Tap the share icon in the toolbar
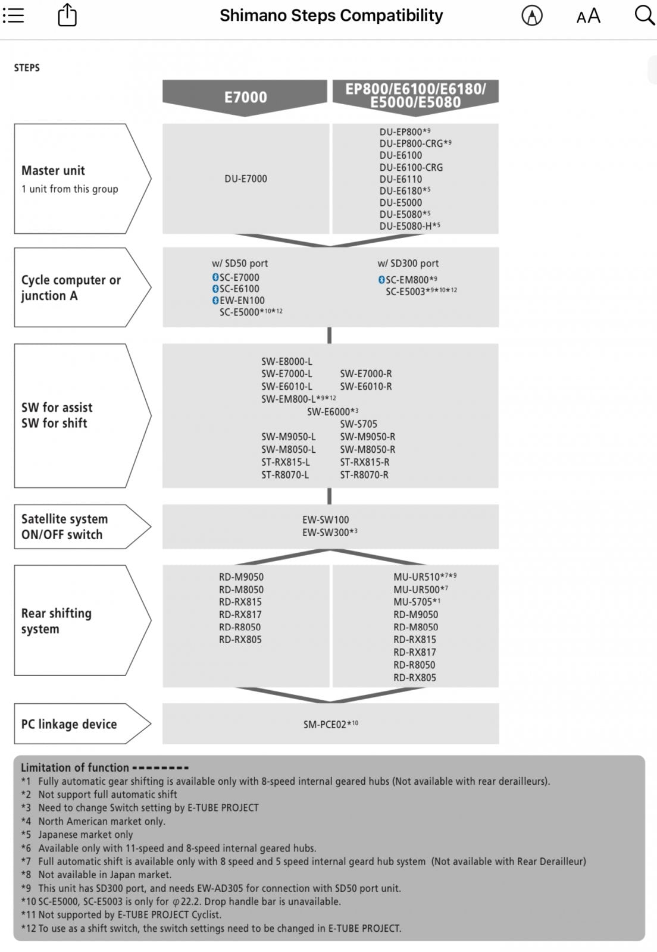click(x=67, y=15)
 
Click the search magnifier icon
click(x=645, y=15)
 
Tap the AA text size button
click(x=588, y=16)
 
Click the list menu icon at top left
click(x=13, y=15)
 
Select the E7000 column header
click(x=245, y=98)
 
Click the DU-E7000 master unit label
click(x=246, y=178)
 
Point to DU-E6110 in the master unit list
click(x=401, y=179)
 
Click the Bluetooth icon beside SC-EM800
click(x=381, y=280)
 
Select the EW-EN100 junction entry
click(x=242, y=300)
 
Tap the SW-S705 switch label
click(x=358, y=424)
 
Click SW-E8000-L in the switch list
click(x=286, y=361)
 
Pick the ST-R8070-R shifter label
click(x=364, y=475)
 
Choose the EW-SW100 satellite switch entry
click(x=326, y=519)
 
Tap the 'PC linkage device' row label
click(x=69, y=724)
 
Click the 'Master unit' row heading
click(x=53, y=170)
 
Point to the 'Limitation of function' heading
click(x=75, y=767)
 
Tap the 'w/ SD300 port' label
click(x=408, y=264)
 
